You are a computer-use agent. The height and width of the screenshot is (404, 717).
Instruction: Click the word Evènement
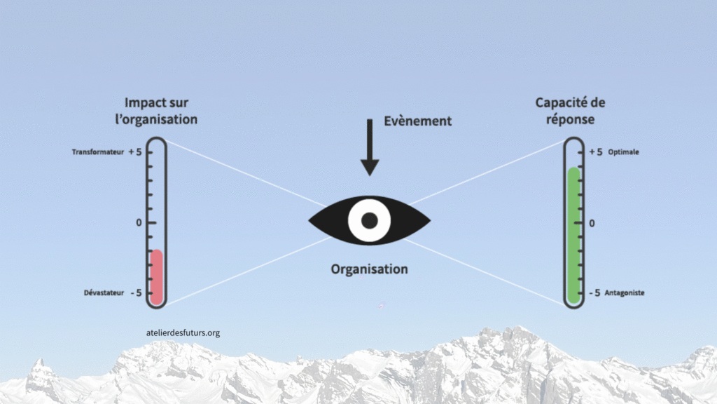coord(418,121)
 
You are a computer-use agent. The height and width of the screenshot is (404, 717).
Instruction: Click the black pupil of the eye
coord(369,220)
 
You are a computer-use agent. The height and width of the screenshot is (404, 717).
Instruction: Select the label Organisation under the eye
coord(369,269)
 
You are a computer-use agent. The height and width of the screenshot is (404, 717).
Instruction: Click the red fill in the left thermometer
coord(156,276)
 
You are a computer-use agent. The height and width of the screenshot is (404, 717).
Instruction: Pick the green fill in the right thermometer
coord(574,235)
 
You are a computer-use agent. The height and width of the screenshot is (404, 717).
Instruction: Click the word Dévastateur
coord(104,292)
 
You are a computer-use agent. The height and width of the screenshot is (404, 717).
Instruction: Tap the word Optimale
coord(624,152)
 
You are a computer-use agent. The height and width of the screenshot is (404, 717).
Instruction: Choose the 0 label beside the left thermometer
coord(139,222)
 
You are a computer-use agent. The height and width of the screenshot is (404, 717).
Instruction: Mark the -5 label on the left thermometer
coord(135,292)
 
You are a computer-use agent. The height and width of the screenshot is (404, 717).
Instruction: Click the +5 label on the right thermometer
coord(595,152)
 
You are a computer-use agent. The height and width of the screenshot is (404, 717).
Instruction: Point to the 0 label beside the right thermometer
coord(592,222)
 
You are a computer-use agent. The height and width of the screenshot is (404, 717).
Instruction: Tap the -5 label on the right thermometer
coord(594,292)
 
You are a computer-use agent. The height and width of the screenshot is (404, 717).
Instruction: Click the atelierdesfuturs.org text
coord(181,332)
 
